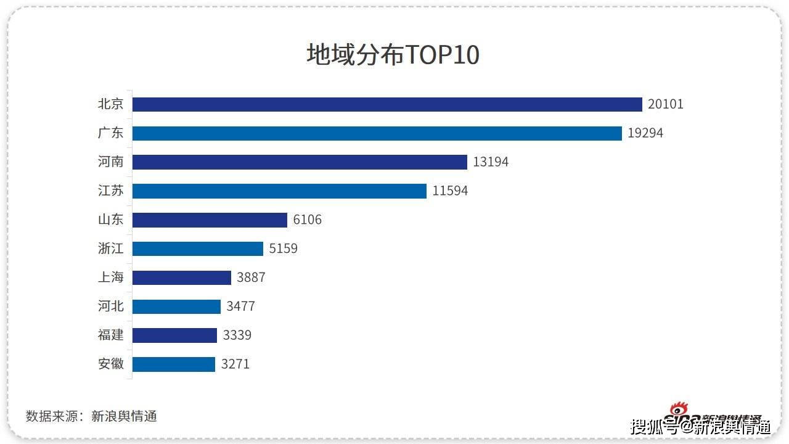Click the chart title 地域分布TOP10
click(393, 55)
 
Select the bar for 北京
click(387, 104)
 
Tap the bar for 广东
click(377, 133)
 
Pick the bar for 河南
click(300, 162)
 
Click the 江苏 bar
click(279, 191)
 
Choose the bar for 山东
click(210, 220)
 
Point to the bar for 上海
click(182, 277)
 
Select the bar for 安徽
click(174, 364)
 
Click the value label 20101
click(666, 104)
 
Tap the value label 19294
click(645, 133)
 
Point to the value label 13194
click(491, 162)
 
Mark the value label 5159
click(284, 249)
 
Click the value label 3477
click(240, 306)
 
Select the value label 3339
click(237, 335)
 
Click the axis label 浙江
click(111, 249)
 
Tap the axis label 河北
click(111, 306)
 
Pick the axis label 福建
click(111, 335)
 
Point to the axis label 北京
click(111, 104)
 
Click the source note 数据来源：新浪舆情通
click(91, 416)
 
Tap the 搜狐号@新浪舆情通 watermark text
click(700, 426)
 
